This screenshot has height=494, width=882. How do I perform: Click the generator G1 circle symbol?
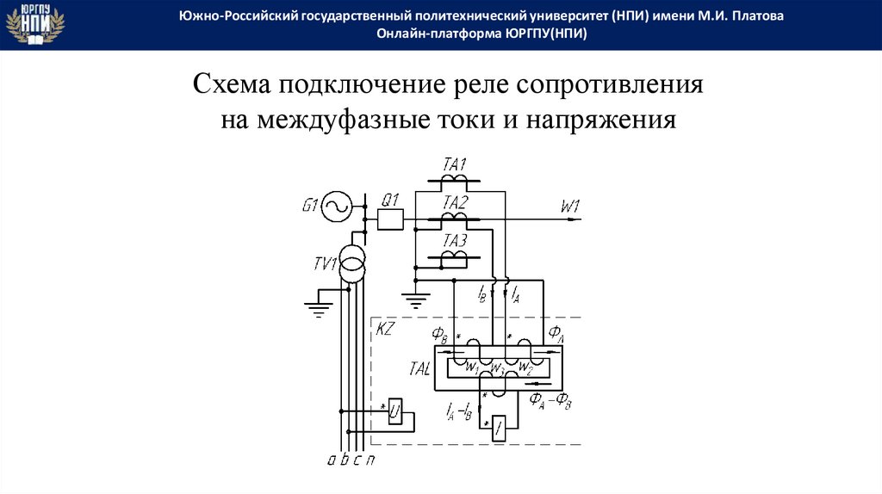336,206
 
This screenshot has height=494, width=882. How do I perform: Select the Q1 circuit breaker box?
391,220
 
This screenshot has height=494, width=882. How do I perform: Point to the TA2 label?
455,203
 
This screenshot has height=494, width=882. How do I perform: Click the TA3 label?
454,240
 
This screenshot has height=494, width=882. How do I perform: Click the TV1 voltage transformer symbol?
351,262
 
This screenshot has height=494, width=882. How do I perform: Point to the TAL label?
417,368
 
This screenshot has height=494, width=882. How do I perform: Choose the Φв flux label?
439,335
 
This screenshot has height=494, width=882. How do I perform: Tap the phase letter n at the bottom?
370,459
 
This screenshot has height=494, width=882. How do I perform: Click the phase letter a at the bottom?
332,459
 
